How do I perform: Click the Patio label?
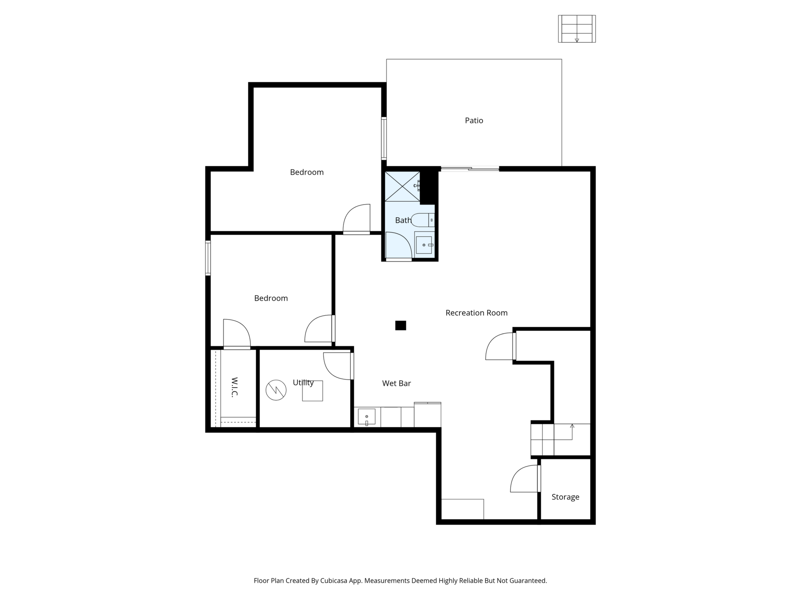474,120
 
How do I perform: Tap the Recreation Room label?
476,313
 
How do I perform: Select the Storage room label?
565,497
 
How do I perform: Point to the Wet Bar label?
397,383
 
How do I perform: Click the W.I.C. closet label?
234,387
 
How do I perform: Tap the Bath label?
403,220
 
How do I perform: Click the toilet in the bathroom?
423,220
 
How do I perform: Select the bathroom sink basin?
424,245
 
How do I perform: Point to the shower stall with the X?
402,186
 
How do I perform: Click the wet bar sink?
366,417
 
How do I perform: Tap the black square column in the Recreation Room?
401,325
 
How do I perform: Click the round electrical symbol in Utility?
276,390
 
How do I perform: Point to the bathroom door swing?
399,246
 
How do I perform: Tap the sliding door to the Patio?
470,169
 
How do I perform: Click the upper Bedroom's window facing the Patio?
384,138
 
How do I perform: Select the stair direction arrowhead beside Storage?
572,426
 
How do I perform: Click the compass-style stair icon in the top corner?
577,29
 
